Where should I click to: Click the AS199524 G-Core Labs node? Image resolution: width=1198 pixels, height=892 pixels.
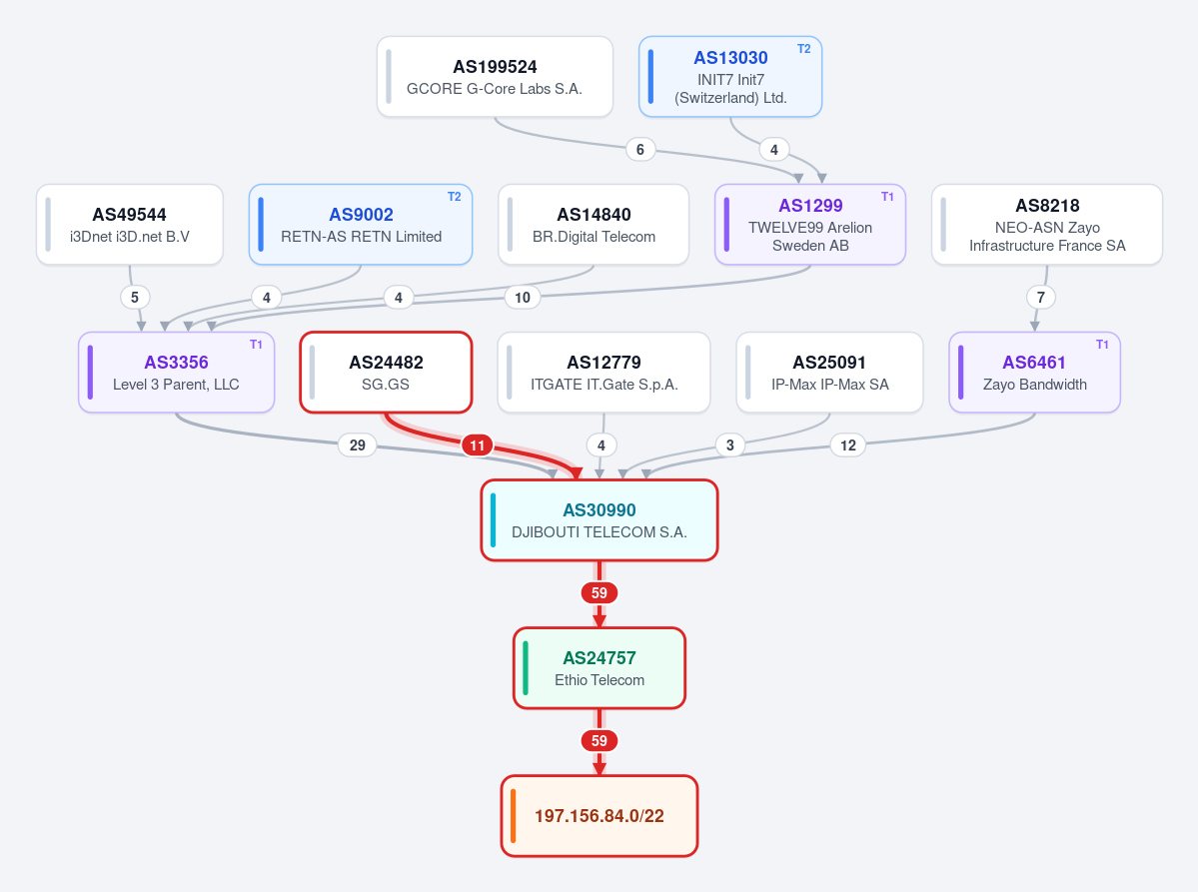[x=496, y=77]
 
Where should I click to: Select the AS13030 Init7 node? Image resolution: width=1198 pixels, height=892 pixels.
[x=730, y=77]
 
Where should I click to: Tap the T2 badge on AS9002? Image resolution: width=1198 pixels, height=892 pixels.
[x=454, y=197]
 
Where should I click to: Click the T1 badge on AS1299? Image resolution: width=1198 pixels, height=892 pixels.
[x=887, y=197]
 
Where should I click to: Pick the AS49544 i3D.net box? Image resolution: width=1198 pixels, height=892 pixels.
[x=130, y=225]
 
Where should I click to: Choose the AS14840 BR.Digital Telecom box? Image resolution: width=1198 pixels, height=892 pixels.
[x=594, y=225]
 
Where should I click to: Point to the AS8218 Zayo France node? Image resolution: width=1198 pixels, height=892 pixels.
[x=1047, y=225]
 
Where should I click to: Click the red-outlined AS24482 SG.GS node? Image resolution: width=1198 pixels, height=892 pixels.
[x=386, y=373]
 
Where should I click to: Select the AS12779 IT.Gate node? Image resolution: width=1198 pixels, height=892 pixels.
[x=603, y=373]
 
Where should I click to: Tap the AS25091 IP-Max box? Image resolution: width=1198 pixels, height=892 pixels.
[x=829, y=373]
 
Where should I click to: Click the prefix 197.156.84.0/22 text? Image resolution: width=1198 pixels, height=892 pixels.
[x=599, y=816]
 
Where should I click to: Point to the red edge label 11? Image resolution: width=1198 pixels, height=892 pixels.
[x=477, y=446]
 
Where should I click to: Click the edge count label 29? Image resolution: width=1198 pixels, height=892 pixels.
[x=358, y=446]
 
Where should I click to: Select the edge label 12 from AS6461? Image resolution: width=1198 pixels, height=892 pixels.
[x=848, y=446]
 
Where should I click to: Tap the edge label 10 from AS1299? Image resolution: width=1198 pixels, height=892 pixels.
[x=523, y=297]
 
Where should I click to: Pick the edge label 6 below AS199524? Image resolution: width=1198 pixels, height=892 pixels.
[x=640, y=150]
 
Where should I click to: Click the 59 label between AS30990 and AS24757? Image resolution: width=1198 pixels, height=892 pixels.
[x=599, y=592]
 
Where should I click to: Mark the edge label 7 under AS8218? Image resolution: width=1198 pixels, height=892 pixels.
[x=1040, y=297]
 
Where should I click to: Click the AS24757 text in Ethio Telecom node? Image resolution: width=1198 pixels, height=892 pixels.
[x=599, y=658]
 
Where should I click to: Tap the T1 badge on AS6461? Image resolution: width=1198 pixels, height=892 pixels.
[x=1102, y=345]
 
